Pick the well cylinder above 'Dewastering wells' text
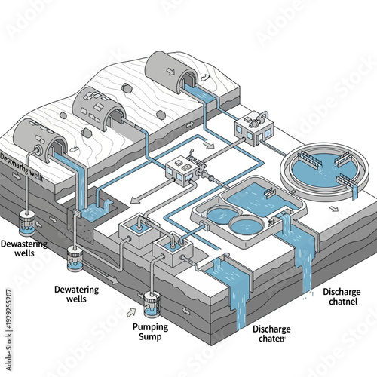(x=27, y=224)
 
